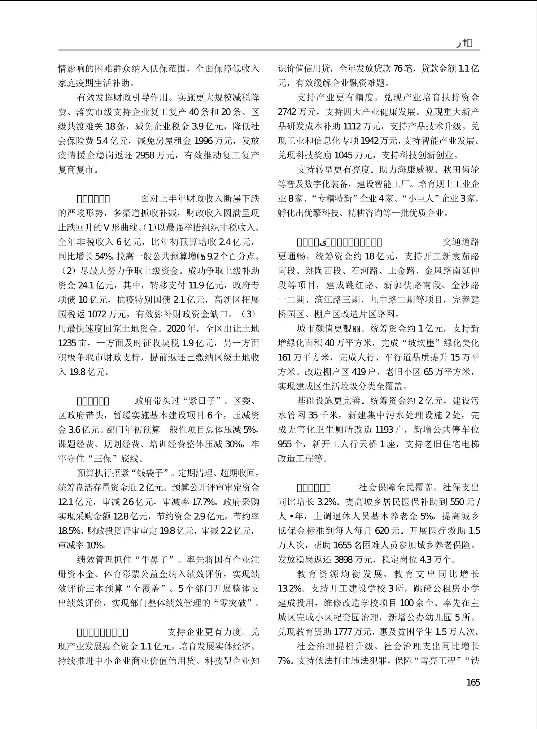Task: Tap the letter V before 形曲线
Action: (106, 227)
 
